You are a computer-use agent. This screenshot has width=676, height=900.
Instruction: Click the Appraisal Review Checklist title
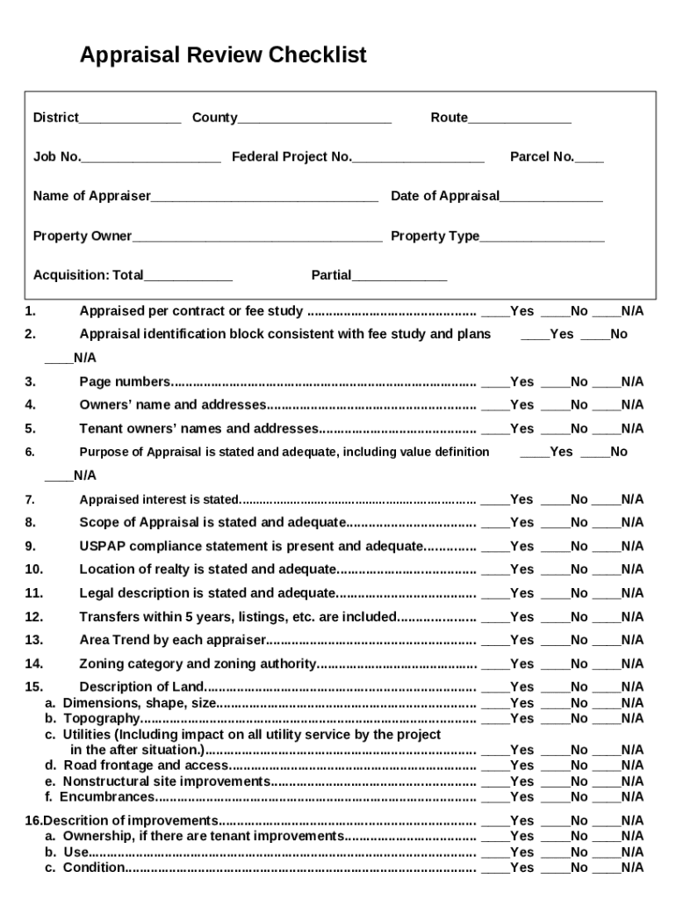(223, 56)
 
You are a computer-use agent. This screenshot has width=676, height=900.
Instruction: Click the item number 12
(34, 617)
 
